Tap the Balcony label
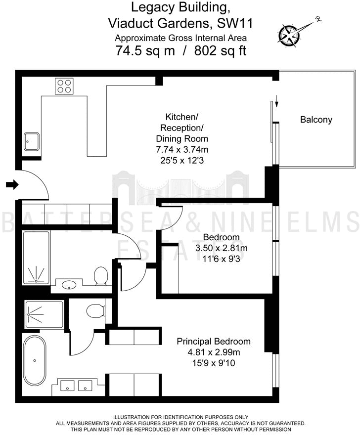[x=316, y=120]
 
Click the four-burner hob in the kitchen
[x=64, y=87]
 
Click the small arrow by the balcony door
[x=276, y=103]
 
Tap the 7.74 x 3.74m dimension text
[x=182, y=149]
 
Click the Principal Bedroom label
[x=214, y=342]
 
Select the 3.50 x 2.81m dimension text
[x=221, y=248]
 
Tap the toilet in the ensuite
[x=94, y=311]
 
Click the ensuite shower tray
[x=44, y=313]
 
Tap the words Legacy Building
[x=180, y=7]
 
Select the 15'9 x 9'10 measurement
[x=214, y=363]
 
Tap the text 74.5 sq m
[x=145, y=50]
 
